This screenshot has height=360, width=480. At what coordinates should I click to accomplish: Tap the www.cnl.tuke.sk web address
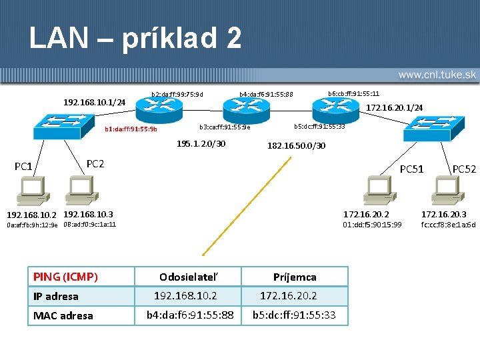(436, 75)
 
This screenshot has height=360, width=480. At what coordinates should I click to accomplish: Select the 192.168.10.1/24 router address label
(94, 102)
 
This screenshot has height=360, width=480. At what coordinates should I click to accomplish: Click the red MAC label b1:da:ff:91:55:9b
(131, 129)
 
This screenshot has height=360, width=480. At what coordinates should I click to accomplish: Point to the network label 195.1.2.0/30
(201, 143)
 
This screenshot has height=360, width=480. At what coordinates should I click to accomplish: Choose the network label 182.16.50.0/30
(296, 145)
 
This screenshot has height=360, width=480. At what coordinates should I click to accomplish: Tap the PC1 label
(23, 166)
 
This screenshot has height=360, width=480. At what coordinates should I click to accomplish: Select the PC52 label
(464, 169)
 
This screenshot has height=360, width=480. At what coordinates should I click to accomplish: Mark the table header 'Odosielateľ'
(188, 277)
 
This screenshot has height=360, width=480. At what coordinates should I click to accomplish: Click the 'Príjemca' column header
(295, 277)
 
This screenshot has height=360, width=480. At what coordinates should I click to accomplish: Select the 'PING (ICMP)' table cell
(65, 277)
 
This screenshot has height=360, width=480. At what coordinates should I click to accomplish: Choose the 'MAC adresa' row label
(63, 315)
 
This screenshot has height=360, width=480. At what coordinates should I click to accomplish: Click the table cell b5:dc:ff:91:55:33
(294, 315)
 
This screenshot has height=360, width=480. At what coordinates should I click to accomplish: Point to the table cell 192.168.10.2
(185, 295)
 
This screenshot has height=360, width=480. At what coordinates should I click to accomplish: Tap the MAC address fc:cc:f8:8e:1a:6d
(449, 225)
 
